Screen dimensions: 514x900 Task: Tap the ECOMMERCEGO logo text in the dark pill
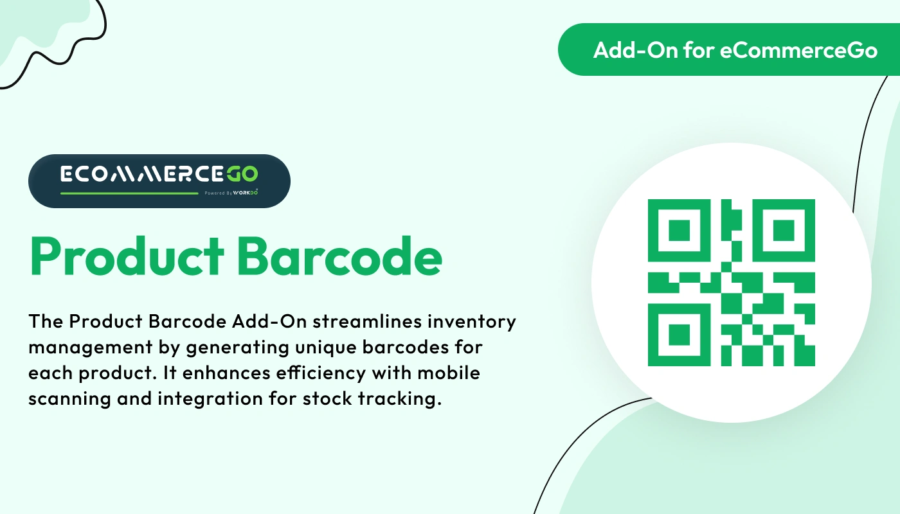pyautogui.click(x=159, y=173)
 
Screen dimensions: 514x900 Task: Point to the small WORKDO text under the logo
pyautogui.click(x=247, y=192)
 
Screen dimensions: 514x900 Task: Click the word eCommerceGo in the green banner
pyautogui.click(x=798, y=50)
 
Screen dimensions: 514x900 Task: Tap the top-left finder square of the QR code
pyautogui.click(x=679, y=230)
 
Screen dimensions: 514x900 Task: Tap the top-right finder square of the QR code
pyautogui.click(x=784, y=230)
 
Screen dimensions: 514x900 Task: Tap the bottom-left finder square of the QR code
pyautogui.click(x=679, y=335)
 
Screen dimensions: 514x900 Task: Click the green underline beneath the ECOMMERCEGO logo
pyautogui.click(x=129, y=193)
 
